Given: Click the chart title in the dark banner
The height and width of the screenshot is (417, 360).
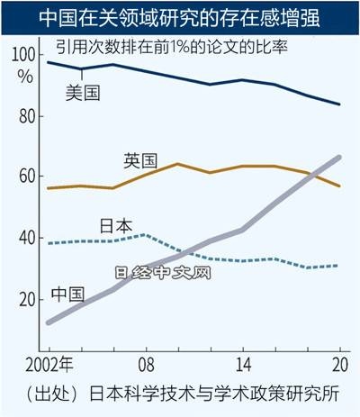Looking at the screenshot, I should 180,16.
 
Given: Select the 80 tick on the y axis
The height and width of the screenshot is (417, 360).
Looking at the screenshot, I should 25,117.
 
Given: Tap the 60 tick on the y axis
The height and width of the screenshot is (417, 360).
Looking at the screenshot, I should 25,177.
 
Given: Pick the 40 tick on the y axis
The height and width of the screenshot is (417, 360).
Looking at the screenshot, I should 25,239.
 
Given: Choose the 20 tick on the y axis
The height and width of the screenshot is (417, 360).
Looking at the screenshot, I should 25,299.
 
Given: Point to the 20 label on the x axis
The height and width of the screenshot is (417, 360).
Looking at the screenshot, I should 339,366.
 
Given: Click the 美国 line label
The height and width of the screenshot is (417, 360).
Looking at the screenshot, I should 84,91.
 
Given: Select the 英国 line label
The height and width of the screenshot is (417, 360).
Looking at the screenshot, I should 141,161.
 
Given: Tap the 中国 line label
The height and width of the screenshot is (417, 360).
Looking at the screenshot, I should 67,294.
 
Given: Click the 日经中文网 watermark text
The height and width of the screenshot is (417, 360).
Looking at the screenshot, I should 163,271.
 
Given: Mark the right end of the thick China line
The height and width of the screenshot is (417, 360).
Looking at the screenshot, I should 339,158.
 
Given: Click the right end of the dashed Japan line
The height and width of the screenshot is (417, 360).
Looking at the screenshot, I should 339,266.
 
